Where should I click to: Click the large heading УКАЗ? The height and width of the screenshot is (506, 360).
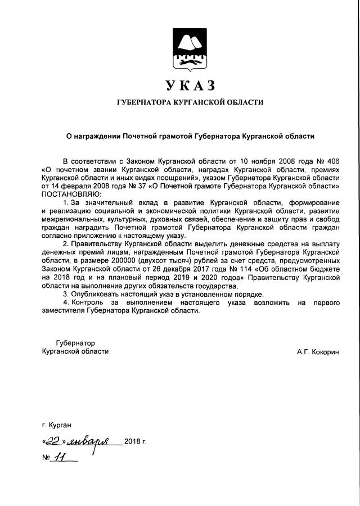[190, 85]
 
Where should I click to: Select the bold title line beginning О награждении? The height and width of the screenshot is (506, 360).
[190, 136]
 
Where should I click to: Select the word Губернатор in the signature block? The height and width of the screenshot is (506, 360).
[75, 343]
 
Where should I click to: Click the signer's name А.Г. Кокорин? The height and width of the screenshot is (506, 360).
[318, 351]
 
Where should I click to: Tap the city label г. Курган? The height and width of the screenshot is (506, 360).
[56, 425]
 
